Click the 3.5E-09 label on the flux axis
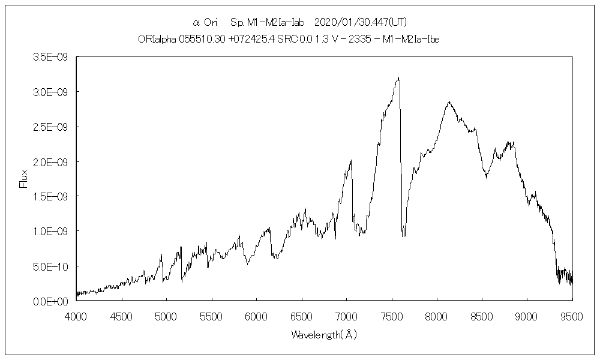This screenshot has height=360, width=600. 53,57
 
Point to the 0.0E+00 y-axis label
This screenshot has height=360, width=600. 53,301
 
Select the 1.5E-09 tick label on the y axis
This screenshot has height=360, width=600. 53,196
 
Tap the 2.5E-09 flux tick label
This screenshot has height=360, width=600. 53,127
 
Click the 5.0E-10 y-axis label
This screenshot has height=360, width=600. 53,266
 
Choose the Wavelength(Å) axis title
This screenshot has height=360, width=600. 324,335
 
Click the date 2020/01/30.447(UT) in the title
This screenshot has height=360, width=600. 360,23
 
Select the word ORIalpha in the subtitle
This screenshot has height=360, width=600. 157,39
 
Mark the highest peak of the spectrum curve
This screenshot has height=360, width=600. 398,78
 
